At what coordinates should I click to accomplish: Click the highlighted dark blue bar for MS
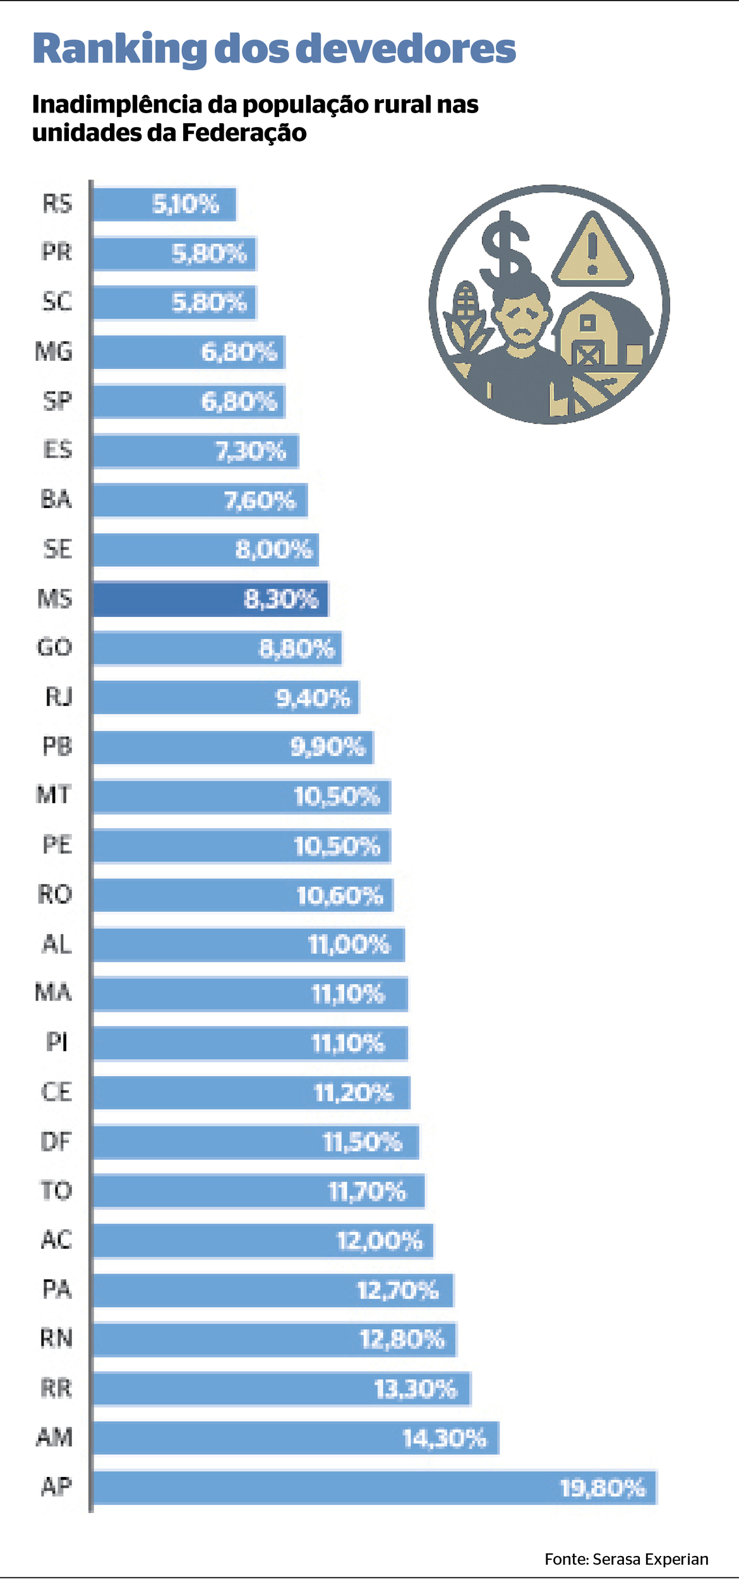[x=210, y=599]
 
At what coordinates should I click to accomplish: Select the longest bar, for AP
[x=375, y=1487]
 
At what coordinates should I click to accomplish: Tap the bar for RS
[x=164, y=204]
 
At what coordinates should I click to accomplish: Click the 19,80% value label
[x=603, y=1488]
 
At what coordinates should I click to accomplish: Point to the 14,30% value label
[x=445, y=1438]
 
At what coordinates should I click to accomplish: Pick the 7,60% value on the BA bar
[x=260, y=501]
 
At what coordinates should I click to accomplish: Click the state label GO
[x=55, y=647]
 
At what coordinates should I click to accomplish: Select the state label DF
[x=56, y=1141]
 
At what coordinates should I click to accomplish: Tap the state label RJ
[x=59, y=696]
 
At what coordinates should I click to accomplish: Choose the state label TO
[x=56, y=1191]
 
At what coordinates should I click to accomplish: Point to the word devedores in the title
[x=406, y=49]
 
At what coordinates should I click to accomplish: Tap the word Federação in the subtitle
[x=244, y=133]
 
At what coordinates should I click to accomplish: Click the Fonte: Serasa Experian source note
[x=626, y=1559]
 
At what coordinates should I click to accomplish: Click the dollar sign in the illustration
[x=505, y=246]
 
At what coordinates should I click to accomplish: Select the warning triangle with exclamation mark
[x=592, y=250]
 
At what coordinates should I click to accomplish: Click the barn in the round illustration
[x=600, y=332]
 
